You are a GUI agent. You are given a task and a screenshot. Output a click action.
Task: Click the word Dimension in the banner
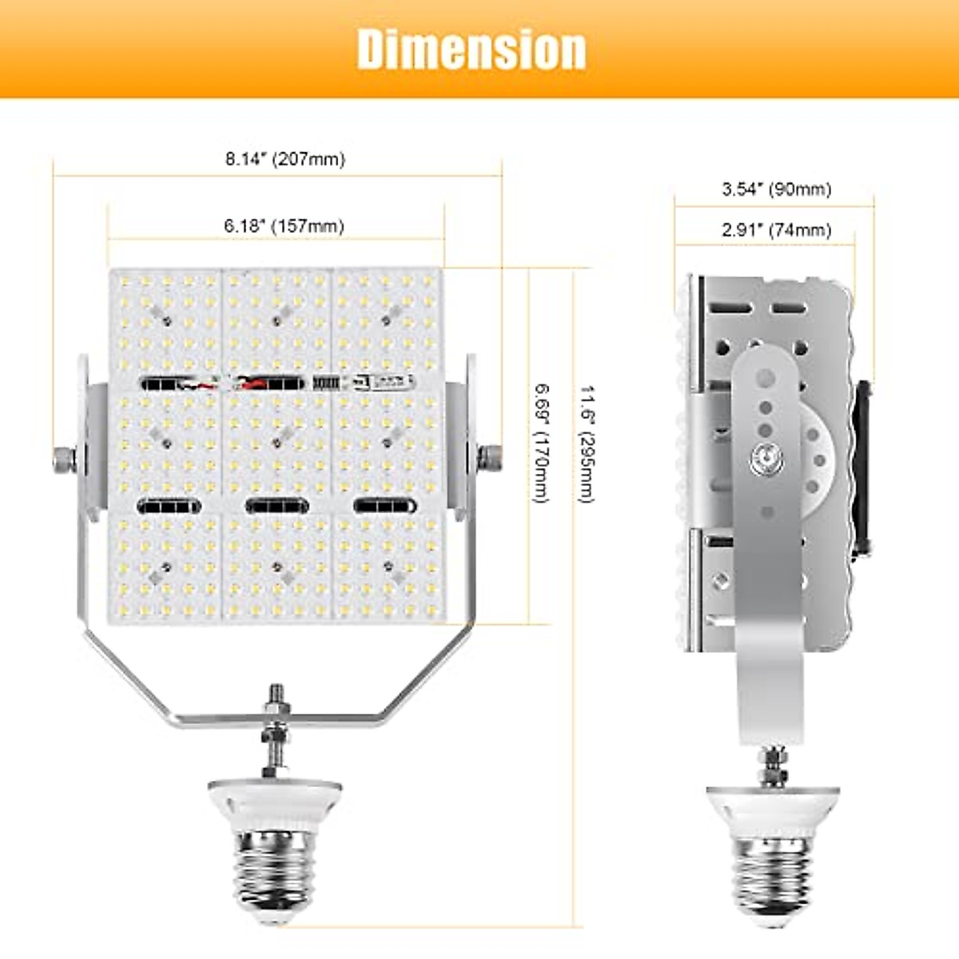click(x=472, y=50)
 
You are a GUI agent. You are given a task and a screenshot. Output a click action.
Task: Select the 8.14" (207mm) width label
click(x=285, y=159)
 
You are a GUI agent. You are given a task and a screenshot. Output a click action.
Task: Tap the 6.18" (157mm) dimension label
click(x=284, y=226)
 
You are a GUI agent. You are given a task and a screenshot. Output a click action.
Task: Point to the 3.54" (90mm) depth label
click(x=776, y=189)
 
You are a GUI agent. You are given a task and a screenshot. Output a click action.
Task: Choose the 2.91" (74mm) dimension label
click(x=776, y=230)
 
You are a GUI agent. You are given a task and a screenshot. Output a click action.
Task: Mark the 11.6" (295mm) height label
click(x=587, y=444)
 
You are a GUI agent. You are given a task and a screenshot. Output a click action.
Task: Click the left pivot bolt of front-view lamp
click(x=64, y=460)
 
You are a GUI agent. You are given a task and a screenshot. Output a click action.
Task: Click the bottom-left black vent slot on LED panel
click(x=169, y=506)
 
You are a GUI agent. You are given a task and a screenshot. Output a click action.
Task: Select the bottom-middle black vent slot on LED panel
click(x=277, y=506)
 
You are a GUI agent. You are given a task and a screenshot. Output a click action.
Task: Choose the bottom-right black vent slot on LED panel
click(x=385, y=506)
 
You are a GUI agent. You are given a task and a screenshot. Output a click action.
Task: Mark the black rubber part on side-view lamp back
click(x=862, y=468)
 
